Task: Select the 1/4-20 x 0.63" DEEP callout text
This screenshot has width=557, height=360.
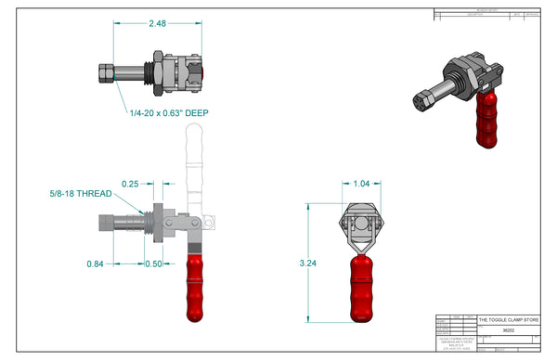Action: click(168, 113)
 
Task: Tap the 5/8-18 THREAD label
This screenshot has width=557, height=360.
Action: click(81, 194)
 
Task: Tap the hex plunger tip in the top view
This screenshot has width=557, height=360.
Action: click(105, 72)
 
